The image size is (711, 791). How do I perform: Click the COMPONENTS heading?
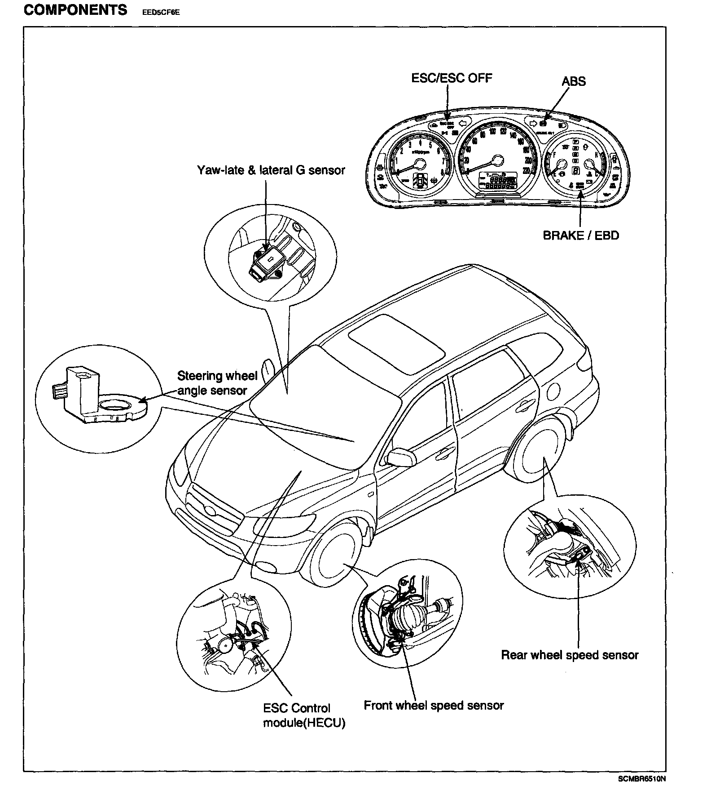(75, 10)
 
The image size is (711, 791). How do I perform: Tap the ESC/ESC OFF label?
(452, 78)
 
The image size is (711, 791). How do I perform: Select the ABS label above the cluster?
(573, 81)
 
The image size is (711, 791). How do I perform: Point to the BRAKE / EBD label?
(581, 236)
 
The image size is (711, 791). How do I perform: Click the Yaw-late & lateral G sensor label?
(271, 170)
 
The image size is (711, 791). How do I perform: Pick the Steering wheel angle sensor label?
(217, 383)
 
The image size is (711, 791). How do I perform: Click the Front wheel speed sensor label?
(434, 706)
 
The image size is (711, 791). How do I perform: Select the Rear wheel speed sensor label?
(570, 655)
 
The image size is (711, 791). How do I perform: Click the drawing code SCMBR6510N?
(641, 779)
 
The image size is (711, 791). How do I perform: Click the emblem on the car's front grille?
(211, 511)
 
